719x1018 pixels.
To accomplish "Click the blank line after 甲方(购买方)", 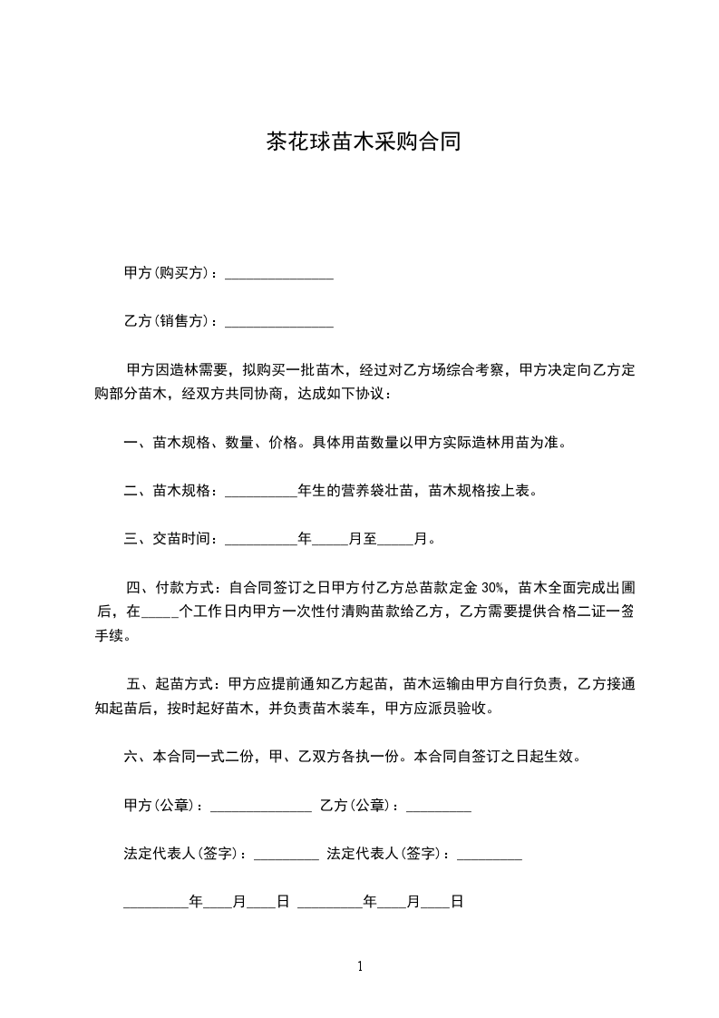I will (278, 273).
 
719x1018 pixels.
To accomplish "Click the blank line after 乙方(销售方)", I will (278, 321).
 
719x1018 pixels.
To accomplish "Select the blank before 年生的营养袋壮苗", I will (260, 492).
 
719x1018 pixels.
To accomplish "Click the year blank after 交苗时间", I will (260, 540).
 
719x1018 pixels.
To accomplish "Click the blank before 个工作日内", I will (160, 612).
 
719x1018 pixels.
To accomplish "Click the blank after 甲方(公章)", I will (261, 806).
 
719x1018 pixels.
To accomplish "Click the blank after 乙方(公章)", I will (438, 806).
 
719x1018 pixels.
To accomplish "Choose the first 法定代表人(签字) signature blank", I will (287, 854).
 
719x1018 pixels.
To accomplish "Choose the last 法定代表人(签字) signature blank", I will (490, 854).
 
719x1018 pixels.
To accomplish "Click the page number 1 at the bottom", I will (360, 966).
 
